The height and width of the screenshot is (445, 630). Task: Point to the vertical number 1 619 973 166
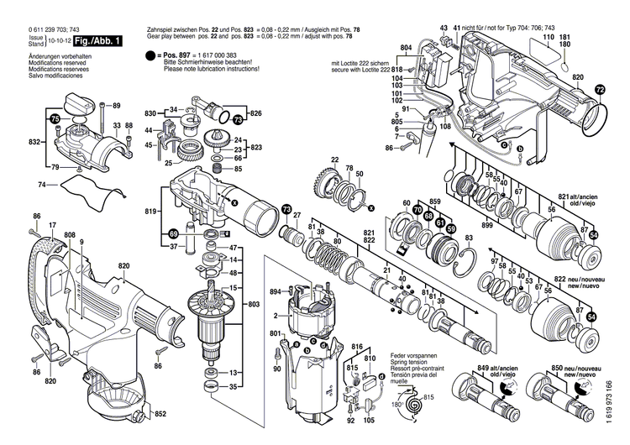click(x=621, y=394)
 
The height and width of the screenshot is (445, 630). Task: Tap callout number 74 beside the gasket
click(x=42, y=184)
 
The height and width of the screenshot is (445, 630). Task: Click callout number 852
click(x=161, y=413)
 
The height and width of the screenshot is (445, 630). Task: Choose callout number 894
click(x=274, y=292)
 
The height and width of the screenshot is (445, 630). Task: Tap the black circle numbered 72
click(x=599, y=90)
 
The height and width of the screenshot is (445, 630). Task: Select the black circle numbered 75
click(x=55, y=119)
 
